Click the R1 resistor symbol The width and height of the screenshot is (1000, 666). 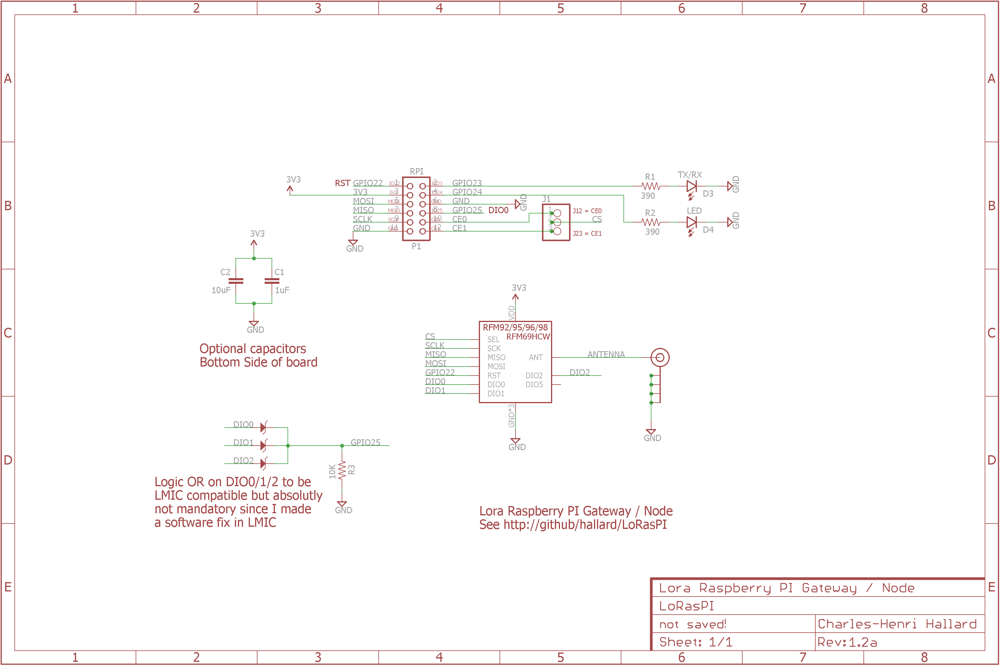click(x=651, y=186)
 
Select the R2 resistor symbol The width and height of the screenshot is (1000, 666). click(x=651, y=222)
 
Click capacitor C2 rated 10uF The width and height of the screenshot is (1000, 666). click(x=236, y=281)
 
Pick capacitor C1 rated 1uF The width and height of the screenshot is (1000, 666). click(x=272, y=281)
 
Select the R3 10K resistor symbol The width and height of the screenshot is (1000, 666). click(x=342, y=470)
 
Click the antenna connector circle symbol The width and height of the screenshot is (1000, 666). click(x=660, y=358)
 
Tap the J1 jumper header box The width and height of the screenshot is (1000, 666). click(x=556, y=222)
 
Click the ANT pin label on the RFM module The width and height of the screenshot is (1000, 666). click(x=536, y=358)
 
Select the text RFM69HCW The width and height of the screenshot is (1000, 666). click(x=528, y=337)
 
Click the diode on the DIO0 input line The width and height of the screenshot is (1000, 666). click(x=263, y=427)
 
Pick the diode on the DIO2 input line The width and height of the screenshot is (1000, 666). click(x=263, y=463)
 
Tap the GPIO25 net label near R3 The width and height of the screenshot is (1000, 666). click(x=365, y=443)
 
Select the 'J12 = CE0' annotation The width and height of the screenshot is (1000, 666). click(x=587, y=211)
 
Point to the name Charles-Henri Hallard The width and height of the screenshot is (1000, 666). click(x=897, y=624)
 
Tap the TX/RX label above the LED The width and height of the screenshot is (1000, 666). click(x=689, y=175)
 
